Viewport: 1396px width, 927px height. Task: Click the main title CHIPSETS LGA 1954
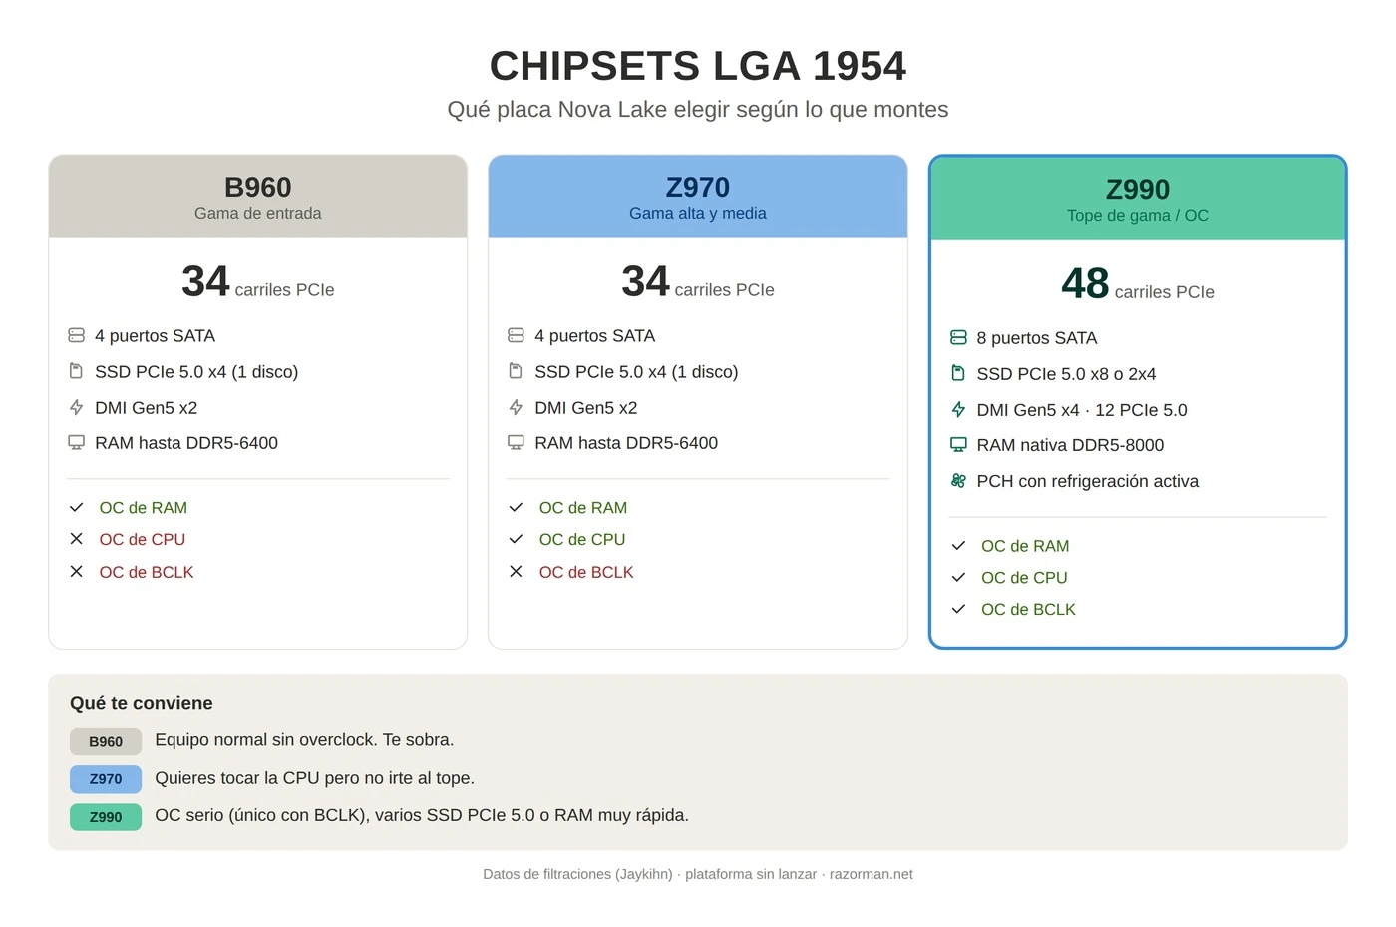click(x=697, y=66)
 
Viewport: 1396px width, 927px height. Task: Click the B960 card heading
click(x=258, y=187)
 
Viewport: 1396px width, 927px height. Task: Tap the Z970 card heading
click(x=697, y=187)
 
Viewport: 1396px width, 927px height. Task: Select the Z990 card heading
click(x=1138, y=189)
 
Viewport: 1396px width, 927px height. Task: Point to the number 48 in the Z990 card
click(x=1085, y=283)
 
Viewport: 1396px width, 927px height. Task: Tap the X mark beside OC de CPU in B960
click(x=76, y=539)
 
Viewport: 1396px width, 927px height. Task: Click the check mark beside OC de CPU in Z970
click(x=516, y=539)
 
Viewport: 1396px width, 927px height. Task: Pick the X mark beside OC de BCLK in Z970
click(x=516, y=571)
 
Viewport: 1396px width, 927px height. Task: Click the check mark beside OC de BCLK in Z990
click(x=958, y=609)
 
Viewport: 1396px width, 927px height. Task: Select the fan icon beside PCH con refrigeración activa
click(x=958, y=480)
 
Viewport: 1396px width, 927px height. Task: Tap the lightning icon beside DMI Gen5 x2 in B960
click(x=76, y=407)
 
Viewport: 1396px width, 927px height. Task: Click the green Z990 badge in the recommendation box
click(x=106, y=817)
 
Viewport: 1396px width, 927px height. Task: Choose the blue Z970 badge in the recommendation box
click(x=106, y=779)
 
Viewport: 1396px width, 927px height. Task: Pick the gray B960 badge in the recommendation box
click(x=106, y=741)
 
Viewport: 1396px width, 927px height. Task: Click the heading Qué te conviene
click(x=141, y=703)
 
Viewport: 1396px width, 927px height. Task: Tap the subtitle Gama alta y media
click(x=697, y=214)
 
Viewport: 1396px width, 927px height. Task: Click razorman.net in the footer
click(x=871, y=874)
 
